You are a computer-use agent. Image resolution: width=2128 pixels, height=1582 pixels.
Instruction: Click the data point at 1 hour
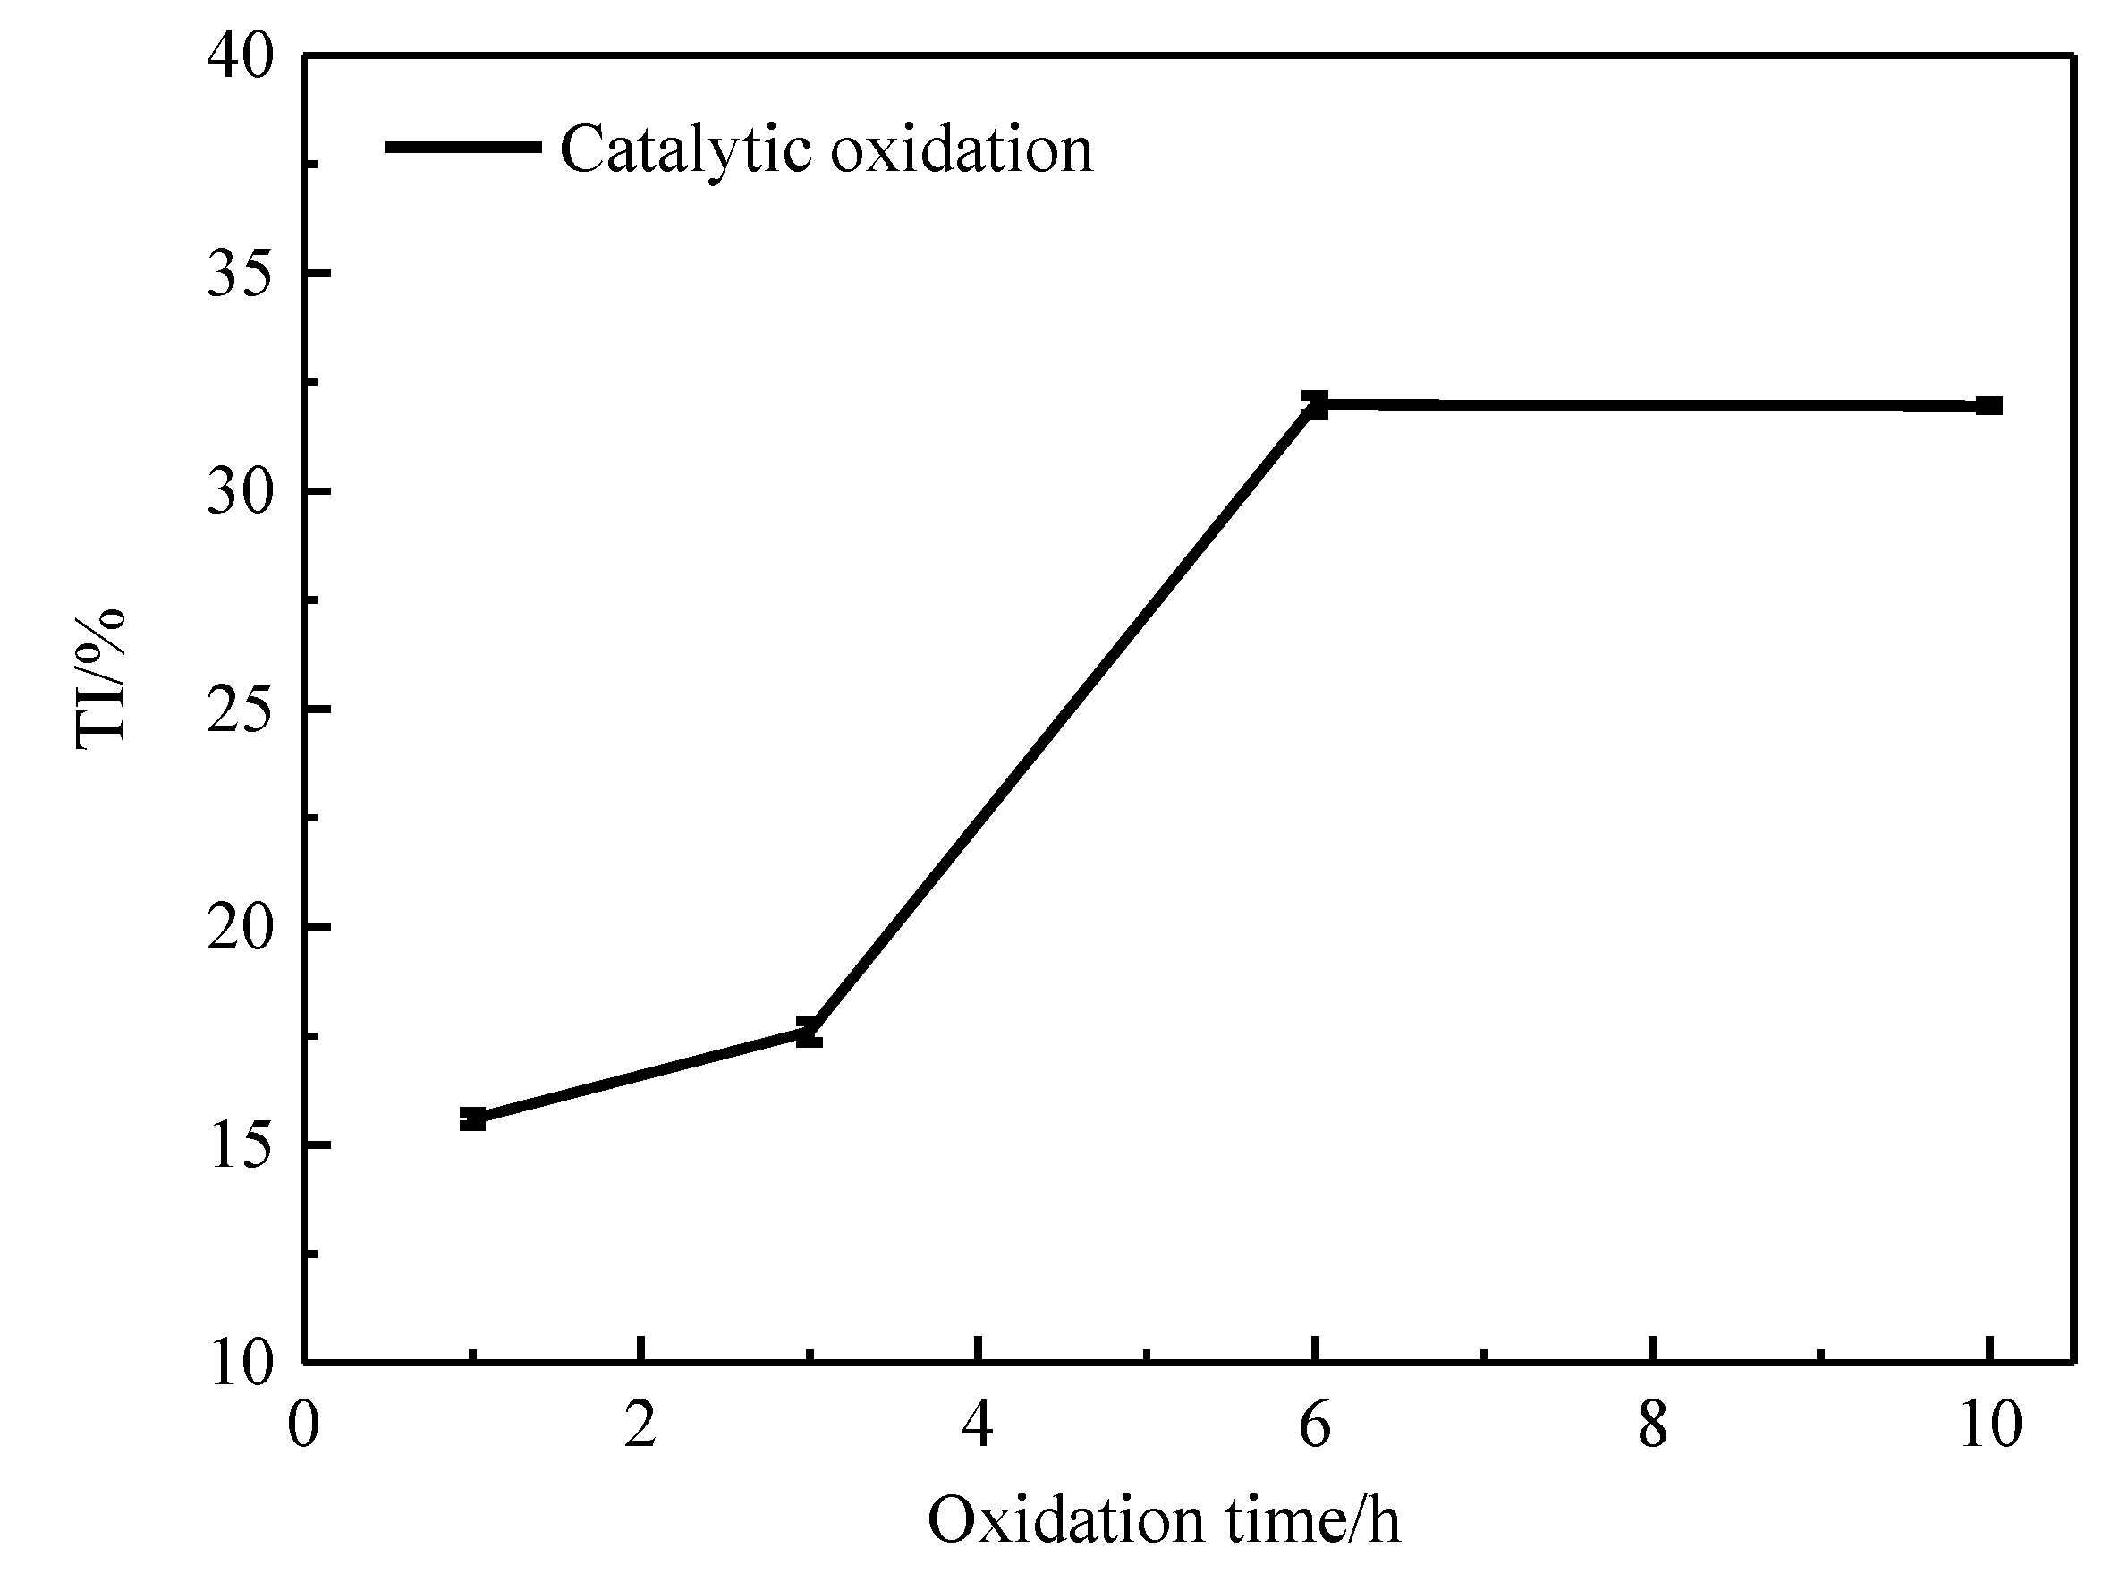[472, 1118]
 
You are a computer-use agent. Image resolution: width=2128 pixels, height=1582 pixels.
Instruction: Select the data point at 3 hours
[809, 1033]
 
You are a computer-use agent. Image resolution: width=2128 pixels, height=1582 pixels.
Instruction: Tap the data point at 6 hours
[1316, 404]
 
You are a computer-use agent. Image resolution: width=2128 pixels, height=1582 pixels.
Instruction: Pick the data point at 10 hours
[1989, 406]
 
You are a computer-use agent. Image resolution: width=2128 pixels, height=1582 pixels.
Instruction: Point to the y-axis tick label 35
[241, 274]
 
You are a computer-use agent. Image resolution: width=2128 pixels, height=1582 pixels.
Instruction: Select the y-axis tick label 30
[241, 491]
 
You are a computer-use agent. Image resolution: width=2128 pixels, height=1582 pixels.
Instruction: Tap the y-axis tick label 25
[241, 710]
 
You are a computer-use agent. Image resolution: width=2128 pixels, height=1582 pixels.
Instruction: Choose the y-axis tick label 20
[241, 927]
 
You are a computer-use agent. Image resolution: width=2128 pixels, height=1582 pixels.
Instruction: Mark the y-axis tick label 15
[241, 1144]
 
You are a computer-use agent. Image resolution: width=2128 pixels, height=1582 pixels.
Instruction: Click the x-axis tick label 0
[303, 1425]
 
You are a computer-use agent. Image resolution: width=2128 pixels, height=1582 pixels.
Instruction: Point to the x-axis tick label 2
[640, 1425]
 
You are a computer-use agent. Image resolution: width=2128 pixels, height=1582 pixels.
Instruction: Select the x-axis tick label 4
[978, 1425]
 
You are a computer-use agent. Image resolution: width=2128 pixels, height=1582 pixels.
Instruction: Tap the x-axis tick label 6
[1315, 1425]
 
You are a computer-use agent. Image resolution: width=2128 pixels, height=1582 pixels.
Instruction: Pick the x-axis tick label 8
[1652, 1425]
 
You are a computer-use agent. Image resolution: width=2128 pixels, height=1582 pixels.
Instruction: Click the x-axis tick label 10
[1990, 1425]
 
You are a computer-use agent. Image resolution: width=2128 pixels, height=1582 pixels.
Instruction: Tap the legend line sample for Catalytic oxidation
[463, 147]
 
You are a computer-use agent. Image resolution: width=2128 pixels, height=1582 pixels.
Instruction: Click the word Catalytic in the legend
[685, 150]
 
